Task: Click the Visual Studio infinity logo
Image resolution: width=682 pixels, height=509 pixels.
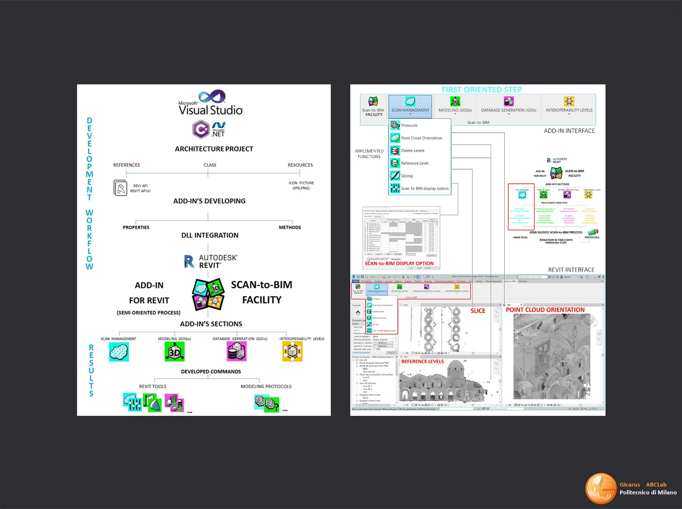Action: pos(212,96)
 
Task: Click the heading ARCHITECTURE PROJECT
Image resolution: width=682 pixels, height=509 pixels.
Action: pos(214,149)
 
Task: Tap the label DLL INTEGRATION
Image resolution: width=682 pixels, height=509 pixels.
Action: pos(210,235)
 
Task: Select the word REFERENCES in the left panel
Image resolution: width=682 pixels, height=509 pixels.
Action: pos(127,165)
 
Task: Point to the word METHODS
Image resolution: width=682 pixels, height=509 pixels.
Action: pos(290,227)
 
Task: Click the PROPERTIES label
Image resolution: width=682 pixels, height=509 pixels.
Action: pos(136,227)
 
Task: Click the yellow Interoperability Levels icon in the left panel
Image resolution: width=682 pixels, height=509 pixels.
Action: pos(292,351)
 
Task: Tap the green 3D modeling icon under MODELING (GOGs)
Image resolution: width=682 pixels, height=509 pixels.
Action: pos(174,351)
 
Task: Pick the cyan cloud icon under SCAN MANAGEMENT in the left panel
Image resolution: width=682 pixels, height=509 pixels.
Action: pos(119,351)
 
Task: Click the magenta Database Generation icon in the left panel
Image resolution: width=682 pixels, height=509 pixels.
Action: pos(237,351)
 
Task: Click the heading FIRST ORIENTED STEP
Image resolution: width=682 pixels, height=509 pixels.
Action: pos(481,90)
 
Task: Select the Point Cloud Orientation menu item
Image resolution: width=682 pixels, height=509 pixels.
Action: pos(421,138)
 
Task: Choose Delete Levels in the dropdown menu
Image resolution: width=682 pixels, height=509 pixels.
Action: pos(413,151)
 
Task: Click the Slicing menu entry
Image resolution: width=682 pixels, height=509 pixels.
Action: pos(407,176)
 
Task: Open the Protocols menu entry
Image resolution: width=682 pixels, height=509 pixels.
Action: pos(409,125)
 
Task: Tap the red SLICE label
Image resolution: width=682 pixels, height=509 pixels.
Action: pos(478,311)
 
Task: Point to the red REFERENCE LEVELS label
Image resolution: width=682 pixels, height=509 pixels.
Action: pos(422,362)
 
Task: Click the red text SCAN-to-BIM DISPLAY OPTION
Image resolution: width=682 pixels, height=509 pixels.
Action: pos(399,263)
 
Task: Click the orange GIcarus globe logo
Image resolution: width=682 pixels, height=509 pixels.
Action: pos(601,488)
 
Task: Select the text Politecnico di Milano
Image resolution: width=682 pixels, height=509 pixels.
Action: pos(648,492)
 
